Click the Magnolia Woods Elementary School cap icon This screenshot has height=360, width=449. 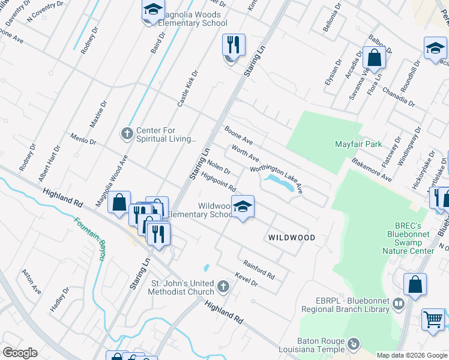[x=153, y=11]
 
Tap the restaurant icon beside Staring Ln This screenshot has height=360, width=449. [x=234, y=46]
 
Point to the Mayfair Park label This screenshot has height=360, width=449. [x=358, y=145]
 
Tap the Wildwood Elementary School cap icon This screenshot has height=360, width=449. [x=243, y=208]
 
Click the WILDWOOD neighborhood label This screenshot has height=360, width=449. [x=291, y=238]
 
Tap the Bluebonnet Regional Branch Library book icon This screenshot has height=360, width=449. [x=397, y=305]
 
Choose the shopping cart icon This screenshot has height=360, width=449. [x=433, y=319]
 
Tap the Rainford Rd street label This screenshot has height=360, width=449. [x=259, y=269]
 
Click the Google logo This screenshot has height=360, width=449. [x=20, y=353]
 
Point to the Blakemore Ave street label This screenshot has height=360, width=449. [x=372, y=170]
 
